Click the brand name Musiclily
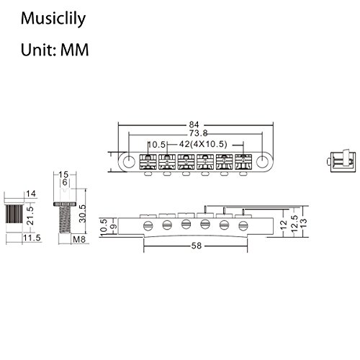(x=52, y=17)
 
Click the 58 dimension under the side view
(x=196, y=247)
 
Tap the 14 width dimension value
(x=30, y=194)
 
